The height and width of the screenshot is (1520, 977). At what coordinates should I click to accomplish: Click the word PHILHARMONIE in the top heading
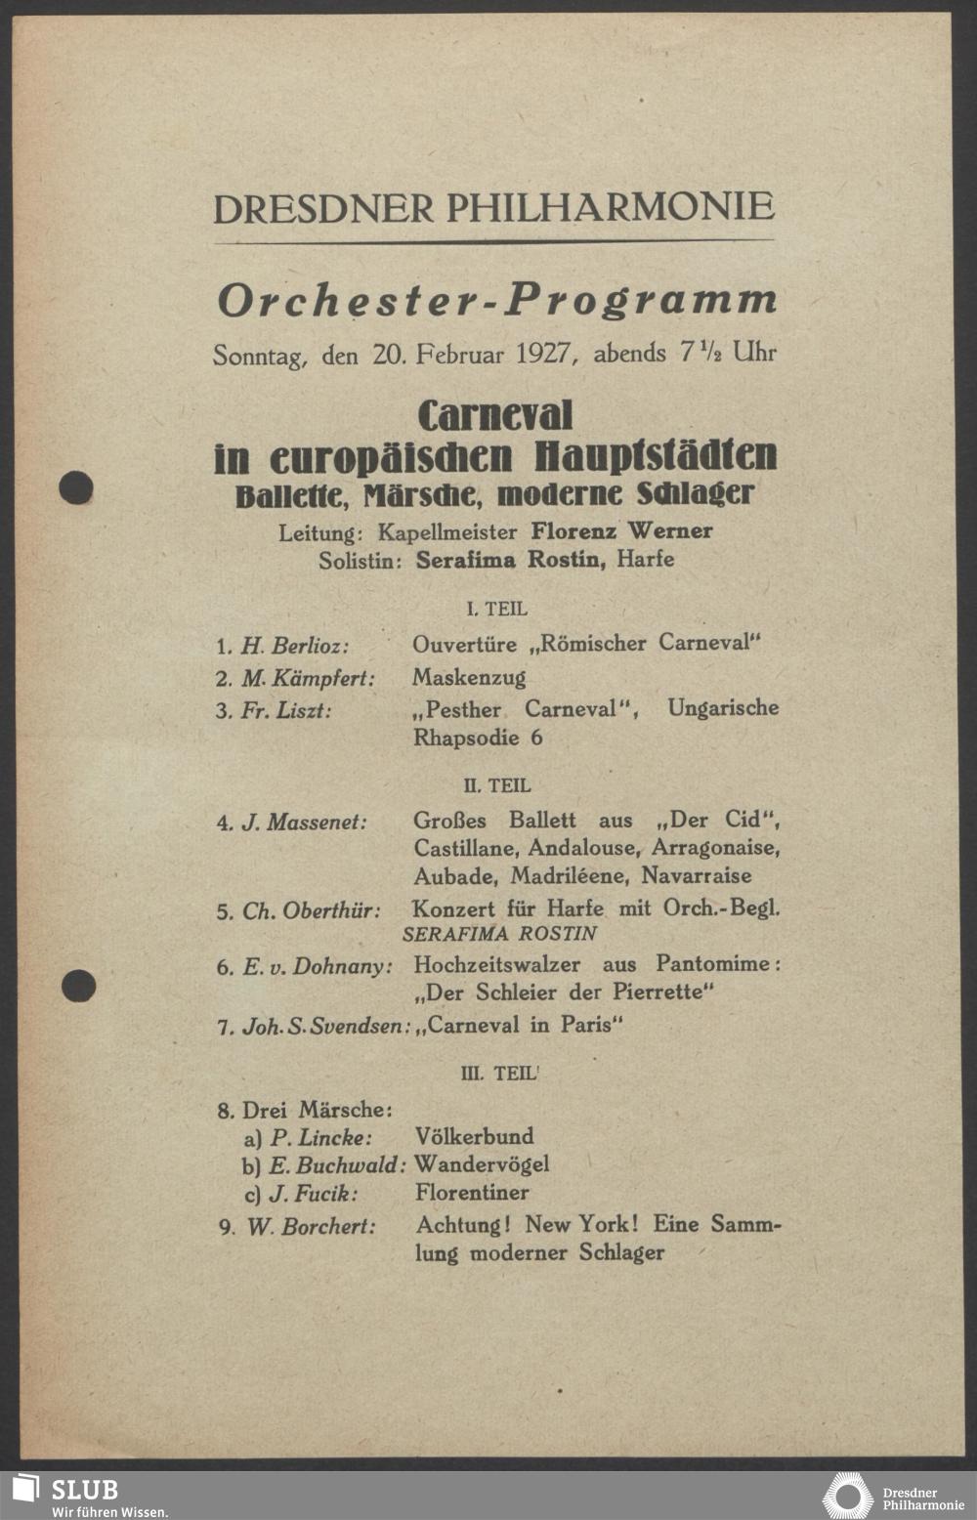click(610, 207)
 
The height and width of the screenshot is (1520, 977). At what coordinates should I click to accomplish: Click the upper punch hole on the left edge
click(75, 486)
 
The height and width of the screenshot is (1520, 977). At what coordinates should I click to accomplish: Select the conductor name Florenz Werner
click(621, 531)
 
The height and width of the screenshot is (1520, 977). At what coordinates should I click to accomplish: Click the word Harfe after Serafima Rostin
click(645, 560)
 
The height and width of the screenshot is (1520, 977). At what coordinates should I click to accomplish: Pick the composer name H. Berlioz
click(295, 646)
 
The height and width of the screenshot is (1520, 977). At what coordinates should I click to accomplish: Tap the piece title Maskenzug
click(469, 677)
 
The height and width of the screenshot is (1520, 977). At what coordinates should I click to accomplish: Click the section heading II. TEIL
click(497, 785)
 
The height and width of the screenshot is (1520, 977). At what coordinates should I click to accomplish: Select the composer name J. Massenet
click(305, 823)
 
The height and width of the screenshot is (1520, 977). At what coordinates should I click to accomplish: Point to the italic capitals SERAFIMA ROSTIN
click(499, 934)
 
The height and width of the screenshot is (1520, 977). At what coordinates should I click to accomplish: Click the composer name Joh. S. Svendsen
click(325, 1027)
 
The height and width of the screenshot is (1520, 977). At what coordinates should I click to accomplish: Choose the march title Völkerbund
click(474, 1136)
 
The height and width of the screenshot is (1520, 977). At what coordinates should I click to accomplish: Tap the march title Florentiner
click(472, 1193)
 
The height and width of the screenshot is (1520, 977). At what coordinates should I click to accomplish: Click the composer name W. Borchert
click(311, 1227)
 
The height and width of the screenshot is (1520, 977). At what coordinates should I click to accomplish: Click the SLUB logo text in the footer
click(84, 1490)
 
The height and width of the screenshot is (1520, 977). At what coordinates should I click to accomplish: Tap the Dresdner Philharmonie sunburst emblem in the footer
click(846, 1497)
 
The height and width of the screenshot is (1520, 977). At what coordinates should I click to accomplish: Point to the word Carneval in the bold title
click(495, 416)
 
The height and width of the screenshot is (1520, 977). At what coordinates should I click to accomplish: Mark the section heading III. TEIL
click(498, 1074)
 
